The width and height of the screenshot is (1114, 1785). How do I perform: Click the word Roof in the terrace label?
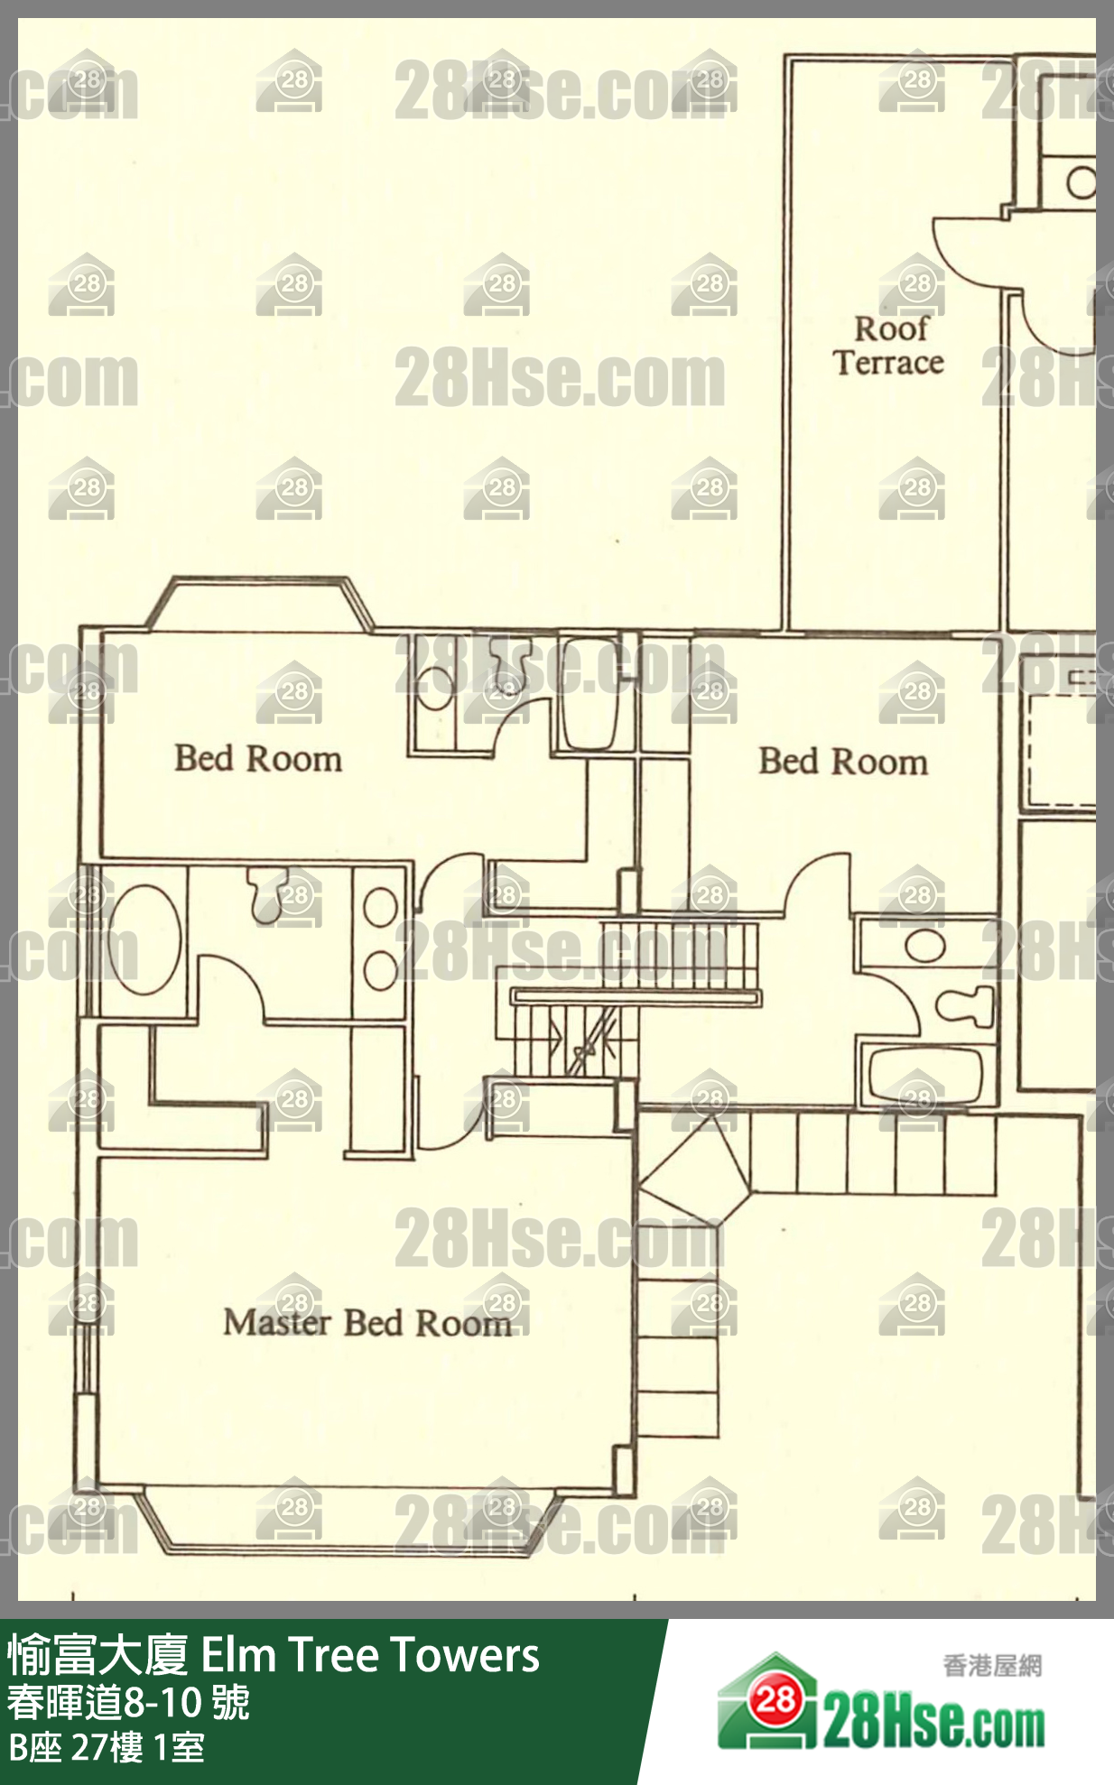891,328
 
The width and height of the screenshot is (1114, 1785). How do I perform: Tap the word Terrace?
888,363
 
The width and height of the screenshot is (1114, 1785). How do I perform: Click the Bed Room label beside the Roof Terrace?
843,762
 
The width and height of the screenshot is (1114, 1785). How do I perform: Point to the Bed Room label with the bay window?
258,758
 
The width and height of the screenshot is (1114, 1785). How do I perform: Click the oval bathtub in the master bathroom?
144,939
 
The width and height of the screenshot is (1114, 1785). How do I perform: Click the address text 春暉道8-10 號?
129,1703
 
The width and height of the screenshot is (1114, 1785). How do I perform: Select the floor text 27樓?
107,1748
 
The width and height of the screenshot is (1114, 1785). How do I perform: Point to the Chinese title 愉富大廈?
98,1655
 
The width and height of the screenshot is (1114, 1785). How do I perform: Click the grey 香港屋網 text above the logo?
992,1666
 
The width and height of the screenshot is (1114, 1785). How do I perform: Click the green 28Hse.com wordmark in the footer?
933,1725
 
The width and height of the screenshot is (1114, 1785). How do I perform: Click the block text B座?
35,1748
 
